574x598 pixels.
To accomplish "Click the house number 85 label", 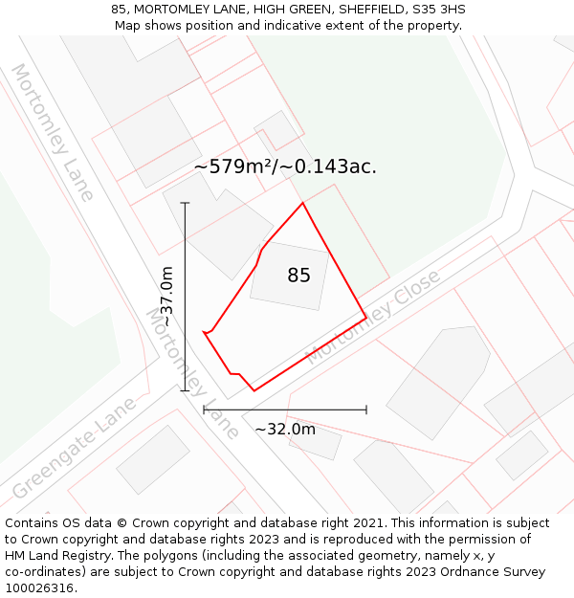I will (298, 276).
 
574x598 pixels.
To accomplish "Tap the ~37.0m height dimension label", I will (166, 298).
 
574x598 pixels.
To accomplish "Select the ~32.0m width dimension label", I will (285, 430).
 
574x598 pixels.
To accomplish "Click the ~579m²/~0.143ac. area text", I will (285, 166).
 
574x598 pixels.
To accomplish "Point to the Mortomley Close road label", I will (373, 317).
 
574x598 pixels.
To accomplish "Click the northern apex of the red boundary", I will (303, 203).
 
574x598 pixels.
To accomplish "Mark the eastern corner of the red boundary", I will (366, 317).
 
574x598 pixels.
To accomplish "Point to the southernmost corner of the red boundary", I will (254, 390).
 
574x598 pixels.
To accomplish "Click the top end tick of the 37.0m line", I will (185, 203).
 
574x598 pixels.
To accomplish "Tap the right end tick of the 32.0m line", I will (366, 410).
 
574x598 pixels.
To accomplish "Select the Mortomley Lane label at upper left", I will (53, 133).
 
